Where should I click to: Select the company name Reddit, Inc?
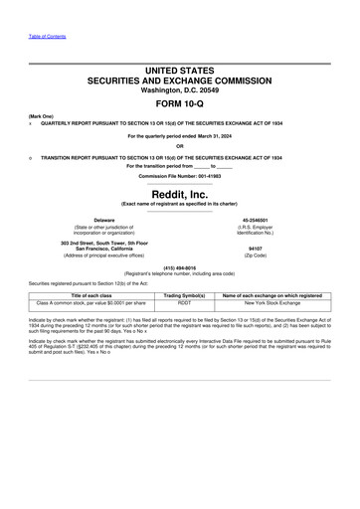(x=180, y=195)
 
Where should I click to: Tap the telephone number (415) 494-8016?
(x=180, y=266)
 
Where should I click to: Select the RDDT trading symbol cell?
(x=183, y=302)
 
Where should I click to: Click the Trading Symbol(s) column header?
(x=183, y=294)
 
